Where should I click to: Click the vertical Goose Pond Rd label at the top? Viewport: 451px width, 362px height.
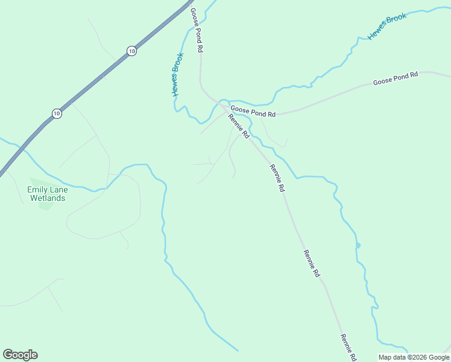[x=196, y=30]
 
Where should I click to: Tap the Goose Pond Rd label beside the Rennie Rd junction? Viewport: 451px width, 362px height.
[x=253, y=112]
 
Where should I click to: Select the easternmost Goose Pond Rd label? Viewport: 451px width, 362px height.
[x=395, y=78]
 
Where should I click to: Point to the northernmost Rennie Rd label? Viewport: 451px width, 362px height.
[x=238, y=126]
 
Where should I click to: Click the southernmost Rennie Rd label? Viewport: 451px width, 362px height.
[x=348, y=347]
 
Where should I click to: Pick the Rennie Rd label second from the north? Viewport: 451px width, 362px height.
[x=277, y=178]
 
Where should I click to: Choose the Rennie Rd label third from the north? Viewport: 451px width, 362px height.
[x=312, y=264]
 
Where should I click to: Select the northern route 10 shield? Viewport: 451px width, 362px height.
[x=131, y=51]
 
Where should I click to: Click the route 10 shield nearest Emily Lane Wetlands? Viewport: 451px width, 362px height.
[x=56, y=113]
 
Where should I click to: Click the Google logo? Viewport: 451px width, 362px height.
[x=20, y=355]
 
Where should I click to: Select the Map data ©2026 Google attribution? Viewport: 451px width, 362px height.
[x=414, y=357]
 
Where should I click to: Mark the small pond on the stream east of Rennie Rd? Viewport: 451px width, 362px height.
[x=358, y=245]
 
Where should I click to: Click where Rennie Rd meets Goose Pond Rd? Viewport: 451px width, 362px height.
[x=228, y=111]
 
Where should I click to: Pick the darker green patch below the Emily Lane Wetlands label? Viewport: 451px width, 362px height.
[x=45, y=205]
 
